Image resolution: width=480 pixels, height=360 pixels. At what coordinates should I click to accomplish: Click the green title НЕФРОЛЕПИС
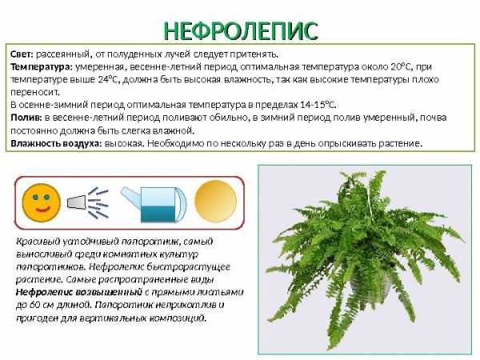click(x=241, y=31)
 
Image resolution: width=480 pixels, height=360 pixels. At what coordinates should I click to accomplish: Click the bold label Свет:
click(x=22, y=54)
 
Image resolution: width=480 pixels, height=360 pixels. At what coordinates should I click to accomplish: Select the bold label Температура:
click(x=42, y=67)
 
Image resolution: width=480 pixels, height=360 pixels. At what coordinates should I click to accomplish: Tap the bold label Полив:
click(x=26, y=118)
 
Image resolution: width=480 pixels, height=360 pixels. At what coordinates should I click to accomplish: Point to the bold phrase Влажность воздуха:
click(x=56, y=143)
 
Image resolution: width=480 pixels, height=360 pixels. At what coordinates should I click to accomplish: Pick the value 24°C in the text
click(x=110, y=79)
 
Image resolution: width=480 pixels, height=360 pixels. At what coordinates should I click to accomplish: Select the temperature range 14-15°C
click(x=318, y=105)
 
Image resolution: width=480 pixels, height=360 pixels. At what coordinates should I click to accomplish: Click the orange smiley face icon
click(x=42, y=202)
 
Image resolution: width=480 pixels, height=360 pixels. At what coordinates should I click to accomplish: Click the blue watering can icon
click(x=154, y=204)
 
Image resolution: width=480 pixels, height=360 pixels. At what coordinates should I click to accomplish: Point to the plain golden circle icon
click(x=216, y=201)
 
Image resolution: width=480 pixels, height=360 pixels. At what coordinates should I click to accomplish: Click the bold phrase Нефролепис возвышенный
click(x=79, y=292)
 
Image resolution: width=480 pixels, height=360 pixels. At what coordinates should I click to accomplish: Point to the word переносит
click(x=35, y=92)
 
